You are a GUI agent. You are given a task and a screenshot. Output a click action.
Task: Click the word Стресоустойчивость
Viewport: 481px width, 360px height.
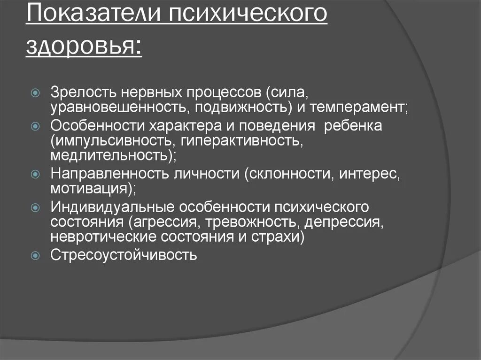click(124, 256)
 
